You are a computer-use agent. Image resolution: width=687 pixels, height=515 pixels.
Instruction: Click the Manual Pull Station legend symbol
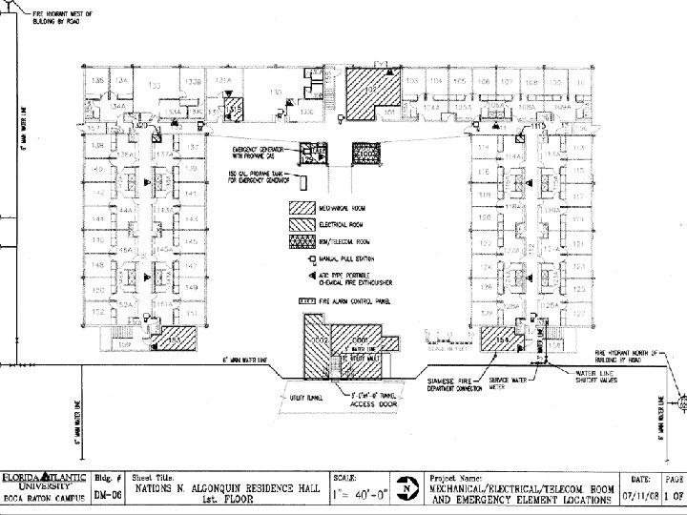tap(311, 260)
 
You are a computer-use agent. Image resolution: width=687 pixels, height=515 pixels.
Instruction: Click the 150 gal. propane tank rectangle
tap(305, 180)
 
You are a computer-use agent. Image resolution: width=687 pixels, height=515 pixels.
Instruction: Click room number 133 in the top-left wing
tap(156, 85)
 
